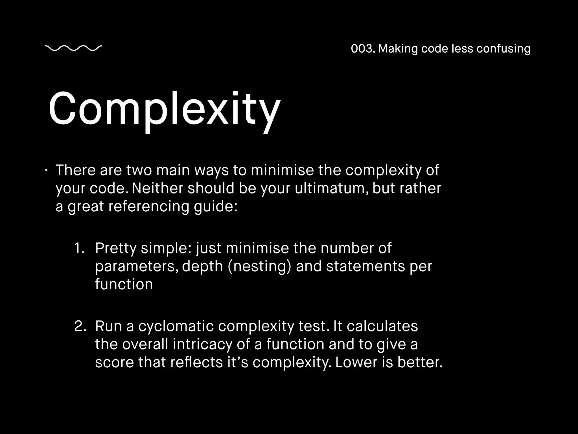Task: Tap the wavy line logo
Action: [x=74, y=48]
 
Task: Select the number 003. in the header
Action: [x=363, y=49]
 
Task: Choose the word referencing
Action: [x=149, y=206]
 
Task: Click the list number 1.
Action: [x=79, y=248]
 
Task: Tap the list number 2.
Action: [x=80, y=326]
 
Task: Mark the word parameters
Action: [x=137, y=266]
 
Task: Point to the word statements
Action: [x=365, y=266]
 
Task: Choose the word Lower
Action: [x=356, y=362]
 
